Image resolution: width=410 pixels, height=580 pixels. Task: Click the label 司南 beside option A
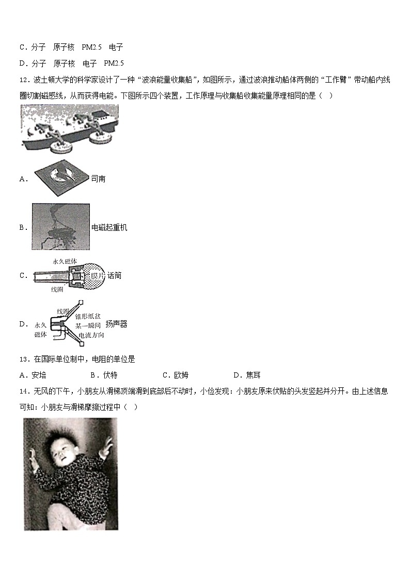[98, 179]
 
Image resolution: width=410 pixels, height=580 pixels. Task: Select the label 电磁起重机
[109, 227]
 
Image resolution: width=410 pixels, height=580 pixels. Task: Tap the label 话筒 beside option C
[114, 276]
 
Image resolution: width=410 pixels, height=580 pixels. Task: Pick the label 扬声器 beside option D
[116, 324]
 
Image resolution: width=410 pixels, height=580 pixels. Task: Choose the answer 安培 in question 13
[39, 375]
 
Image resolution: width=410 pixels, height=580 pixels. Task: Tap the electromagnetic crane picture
[60, 226]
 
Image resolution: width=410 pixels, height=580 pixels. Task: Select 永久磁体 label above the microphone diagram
[65, 261]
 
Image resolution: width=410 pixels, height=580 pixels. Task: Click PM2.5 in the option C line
[92, 47]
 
